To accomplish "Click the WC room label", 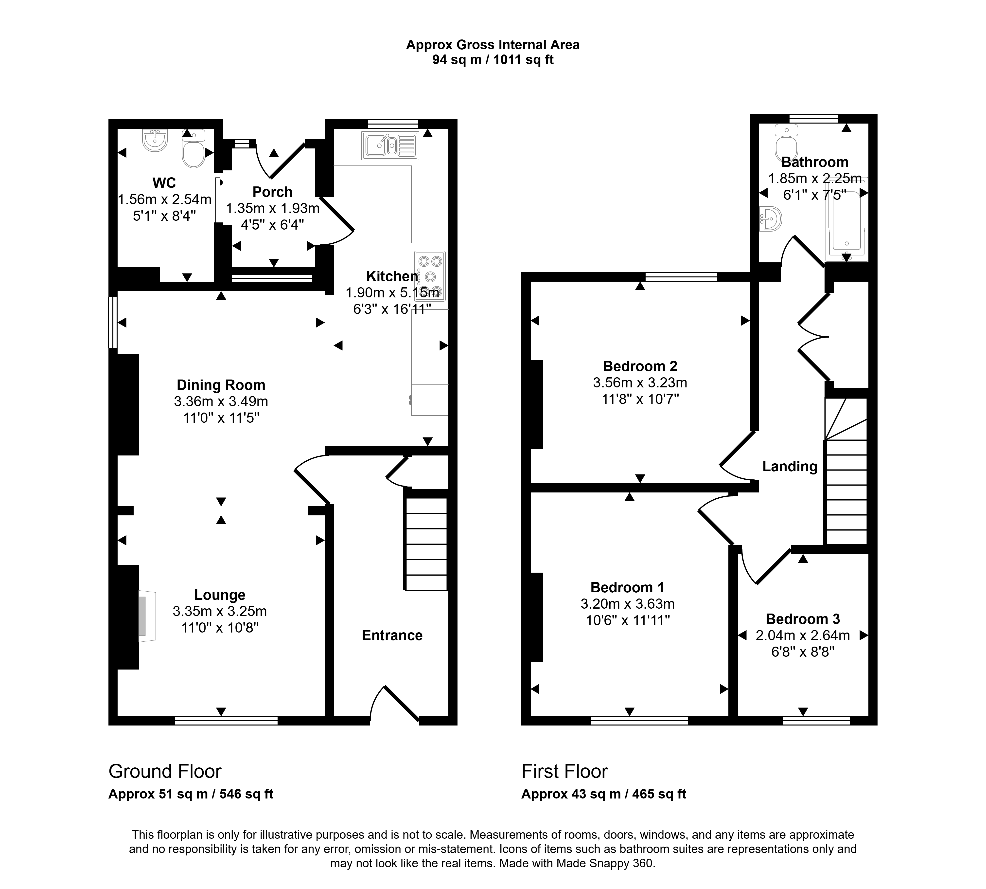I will coord(164,183).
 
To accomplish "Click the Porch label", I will coord(272,192).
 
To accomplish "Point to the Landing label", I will coord(790,467).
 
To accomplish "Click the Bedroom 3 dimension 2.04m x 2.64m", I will coord(803,635).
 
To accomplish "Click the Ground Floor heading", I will coord(165,771).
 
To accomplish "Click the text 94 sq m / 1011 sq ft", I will coord(493,60).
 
